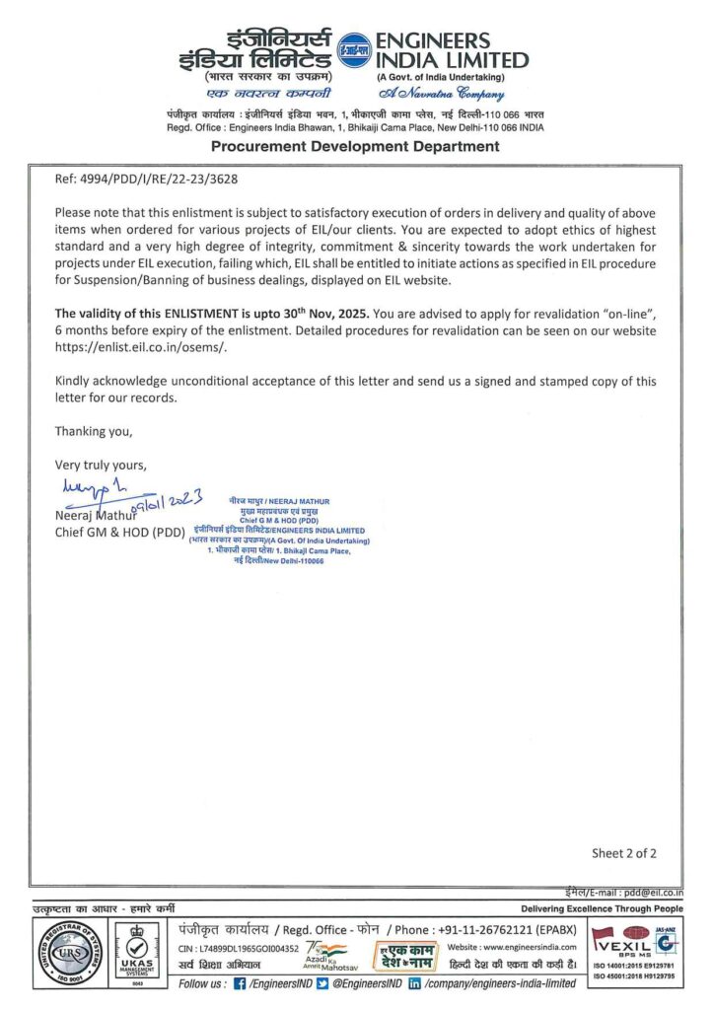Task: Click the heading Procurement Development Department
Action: (x=355, y=146)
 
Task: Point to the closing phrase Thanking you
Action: (x=93, y=431)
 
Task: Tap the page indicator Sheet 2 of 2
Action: (x=623, y=853)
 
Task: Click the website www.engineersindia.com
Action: (x=529, y=948)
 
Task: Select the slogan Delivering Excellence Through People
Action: (x=601, y=908)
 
